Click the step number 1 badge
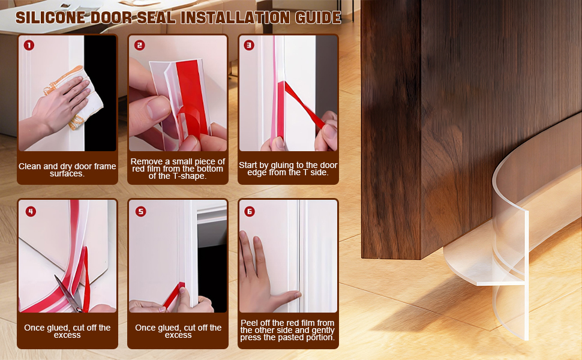29,45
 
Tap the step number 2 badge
140,45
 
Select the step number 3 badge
249,45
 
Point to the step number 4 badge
31,212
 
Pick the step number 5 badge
140,212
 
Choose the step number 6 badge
250,212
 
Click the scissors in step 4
69,293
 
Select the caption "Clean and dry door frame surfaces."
67,170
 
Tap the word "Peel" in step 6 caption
248,323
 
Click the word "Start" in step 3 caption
247,165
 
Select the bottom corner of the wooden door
421,259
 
